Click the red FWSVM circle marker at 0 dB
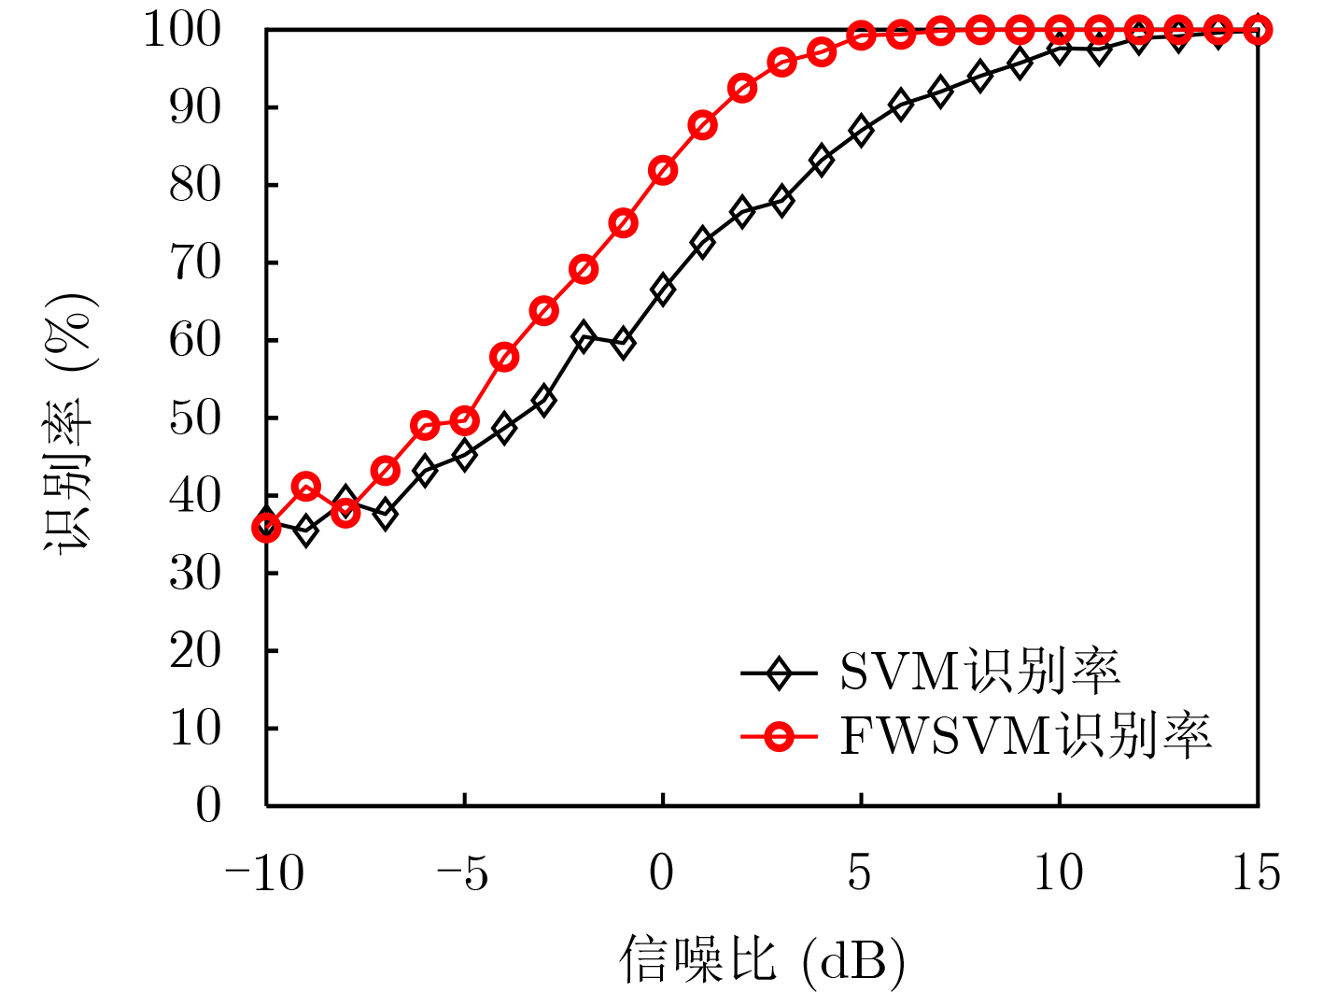(663, 171)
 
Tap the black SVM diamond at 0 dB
(663, 290)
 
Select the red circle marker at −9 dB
(306, 487)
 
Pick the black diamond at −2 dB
(584, 336)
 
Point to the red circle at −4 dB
(504, 358)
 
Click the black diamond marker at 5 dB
(861, 131)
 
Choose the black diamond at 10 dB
(1060, 48)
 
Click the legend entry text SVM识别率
(979, 671)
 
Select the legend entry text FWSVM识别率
(1025, 737)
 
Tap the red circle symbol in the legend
(778, 737)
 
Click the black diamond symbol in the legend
(778, 672)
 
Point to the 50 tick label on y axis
(195, 418)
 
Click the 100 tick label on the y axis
(183, 31)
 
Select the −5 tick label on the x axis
(463, 874)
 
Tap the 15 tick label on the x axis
(1256, 874)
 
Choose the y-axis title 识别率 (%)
(71, 422)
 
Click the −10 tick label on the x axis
(265, 874)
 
